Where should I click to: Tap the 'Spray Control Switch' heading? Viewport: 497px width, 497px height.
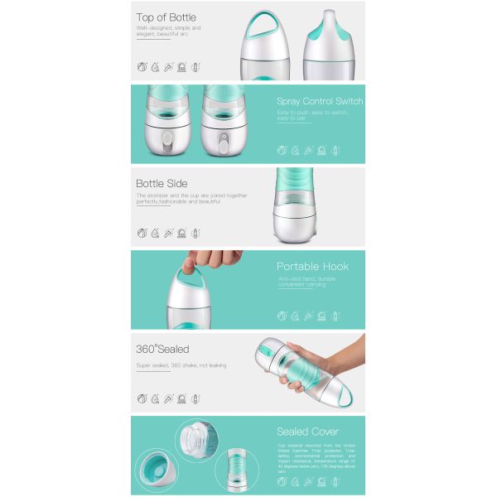[x=320, y=101]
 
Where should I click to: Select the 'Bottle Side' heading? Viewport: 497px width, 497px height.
[x=162, y=183]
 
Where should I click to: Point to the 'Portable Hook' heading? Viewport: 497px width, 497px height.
[x=312, y=267]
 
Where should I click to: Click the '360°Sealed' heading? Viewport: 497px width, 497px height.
[x=162, y=349]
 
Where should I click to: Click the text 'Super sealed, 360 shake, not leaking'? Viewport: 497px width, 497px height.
[x=181, y=365]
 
